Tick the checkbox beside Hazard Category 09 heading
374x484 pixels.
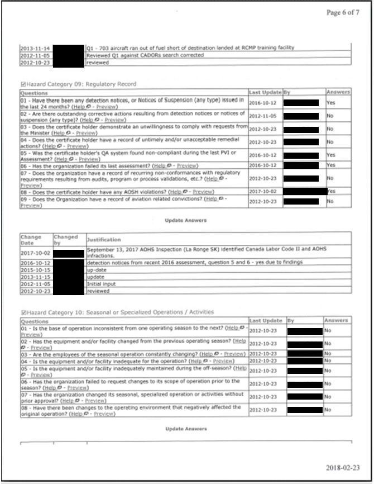point(22,84)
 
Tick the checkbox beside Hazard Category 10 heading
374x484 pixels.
point(22,311)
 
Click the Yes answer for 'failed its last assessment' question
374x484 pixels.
point(331,165)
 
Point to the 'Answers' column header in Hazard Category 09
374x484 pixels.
point(338,92)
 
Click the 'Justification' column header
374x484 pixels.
point(105,239)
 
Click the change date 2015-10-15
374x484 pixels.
point(35,269)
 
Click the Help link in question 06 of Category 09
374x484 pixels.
point(160,165)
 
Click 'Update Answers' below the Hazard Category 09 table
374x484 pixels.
point(186,220)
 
